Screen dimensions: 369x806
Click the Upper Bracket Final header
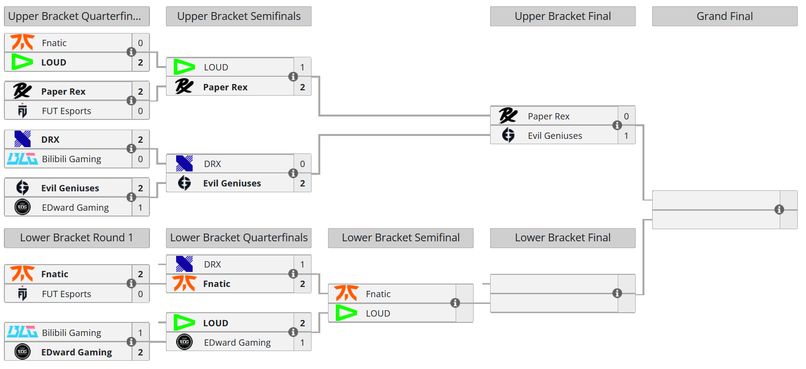[562, 16]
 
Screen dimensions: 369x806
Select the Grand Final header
[724, 16]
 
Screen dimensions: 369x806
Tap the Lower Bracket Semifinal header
[400, 237]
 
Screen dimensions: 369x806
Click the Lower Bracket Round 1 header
[76, 237]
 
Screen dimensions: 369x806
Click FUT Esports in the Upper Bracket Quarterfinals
[66, 111]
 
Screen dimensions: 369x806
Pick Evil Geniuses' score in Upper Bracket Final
[626, 135]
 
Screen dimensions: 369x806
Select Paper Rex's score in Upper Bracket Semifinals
[302, 87]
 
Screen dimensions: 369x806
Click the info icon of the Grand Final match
[779, 209]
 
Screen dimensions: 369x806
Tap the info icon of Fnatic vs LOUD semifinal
[455, 303]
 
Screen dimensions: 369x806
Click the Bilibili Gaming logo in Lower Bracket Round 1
[22, 333]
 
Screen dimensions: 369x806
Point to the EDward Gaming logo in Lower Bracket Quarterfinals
[184, 342]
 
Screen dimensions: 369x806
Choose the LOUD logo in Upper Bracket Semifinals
[184, 67]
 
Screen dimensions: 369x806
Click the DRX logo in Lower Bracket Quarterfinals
[184, 264]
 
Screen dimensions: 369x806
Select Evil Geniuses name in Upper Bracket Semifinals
[232, 183]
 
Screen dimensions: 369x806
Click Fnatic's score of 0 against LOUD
[140, 43]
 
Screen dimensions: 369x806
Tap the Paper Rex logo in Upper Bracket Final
[508, 116]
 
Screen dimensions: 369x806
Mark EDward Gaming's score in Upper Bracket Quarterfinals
[140, 207]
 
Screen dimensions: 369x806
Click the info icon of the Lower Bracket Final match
[617, 293]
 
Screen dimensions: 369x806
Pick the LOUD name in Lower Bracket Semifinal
[378, 313]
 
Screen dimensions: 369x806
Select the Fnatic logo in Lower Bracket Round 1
[22, 274]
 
